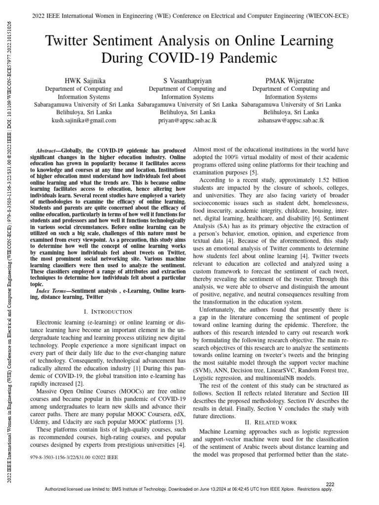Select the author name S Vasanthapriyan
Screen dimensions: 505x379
(187, 80)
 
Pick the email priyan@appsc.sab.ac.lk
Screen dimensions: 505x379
(187, 120)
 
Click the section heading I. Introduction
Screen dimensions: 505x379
(108, 312)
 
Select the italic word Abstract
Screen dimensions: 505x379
(48, 149)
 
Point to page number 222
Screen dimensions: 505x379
(331, 483)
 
